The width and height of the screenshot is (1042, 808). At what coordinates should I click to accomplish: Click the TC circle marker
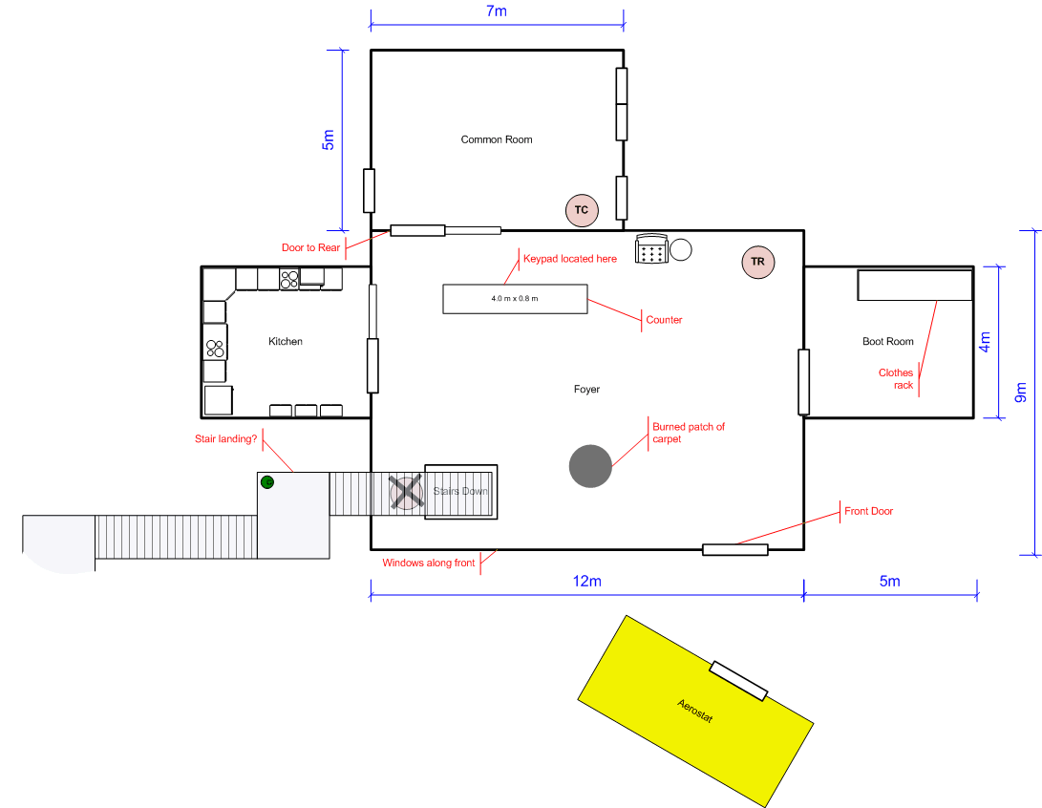[x=582, y=210]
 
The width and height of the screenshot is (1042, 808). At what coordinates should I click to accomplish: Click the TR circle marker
[x=757, y=262]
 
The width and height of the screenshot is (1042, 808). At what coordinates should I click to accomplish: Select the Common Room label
[x=497, y=139]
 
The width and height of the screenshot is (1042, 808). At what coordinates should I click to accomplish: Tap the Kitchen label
[x=285, y=342]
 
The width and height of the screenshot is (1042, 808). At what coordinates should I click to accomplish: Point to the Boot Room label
[x=888, y=342]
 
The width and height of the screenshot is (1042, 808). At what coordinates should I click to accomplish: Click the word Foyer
[x=586, y=390]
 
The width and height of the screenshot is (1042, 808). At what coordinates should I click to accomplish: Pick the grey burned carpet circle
[x=590, y=466]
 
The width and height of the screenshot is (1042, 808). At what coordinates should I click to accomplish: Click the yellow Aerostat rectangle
[x=695, y=711]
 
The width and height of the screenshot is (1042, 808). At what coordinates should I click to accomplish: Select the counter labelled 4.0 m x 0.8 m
[x=515, y=299]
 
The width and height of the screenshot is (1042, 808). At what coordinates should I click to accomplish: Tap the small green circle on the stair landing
[x=267, y=481]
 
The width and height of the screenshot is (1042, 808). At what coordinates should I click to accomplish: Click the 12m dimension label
[x=586, y=582]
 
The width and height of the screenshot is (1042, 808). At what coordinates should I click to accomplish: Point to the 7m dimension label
[x=497, y=11]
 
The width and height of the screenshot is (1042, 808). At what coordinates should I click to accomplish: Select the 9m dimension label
[x=1021, y=393]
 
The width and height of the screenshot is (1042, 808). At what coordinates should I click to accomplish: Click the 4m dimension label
[x=985, y=342]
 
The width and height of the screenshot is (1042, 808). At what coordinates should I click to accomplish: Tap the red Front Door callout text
[x=868, y=511]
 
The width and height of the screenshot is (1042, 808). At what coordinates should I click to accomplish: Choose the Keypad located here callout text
[x=570, y=259]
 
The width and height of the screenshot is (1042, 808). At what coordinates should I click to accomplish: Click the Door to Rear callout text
[x=310, y=248]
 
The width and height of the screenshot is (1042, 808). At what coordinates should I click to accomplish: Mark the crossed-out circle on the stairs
[x=406, y=493]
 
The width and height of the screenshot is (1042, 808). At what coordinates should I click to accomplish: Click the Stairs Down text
[x=460, y=491]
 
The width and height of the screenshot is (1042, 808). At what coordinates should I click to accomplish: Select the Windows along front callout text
[x=429, y=563]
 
